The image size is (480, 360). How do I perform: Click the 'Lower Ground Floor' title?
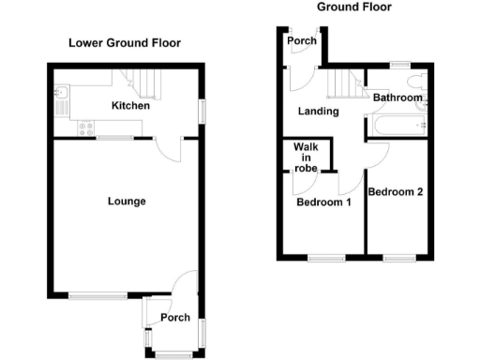124,43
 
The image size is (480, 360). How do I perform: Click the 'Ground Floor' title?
353,7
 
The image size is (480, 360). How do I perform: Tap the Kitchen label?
129,107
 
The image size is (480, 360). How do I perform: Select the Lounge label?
126,202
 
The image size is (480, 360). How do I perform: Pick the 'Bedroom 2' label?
396,192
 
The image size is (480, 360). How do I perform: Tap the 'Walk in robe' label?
306,157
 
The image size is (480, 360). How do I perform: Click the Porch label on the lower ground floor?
175,319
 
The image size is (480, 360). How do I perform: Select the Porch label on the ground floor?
302,41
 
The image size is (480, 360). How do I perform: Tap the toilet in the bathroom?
421,117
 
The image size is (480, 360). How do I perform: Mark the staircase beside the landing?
342,87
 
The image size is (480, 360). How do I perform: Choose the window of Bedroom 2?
398,257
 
